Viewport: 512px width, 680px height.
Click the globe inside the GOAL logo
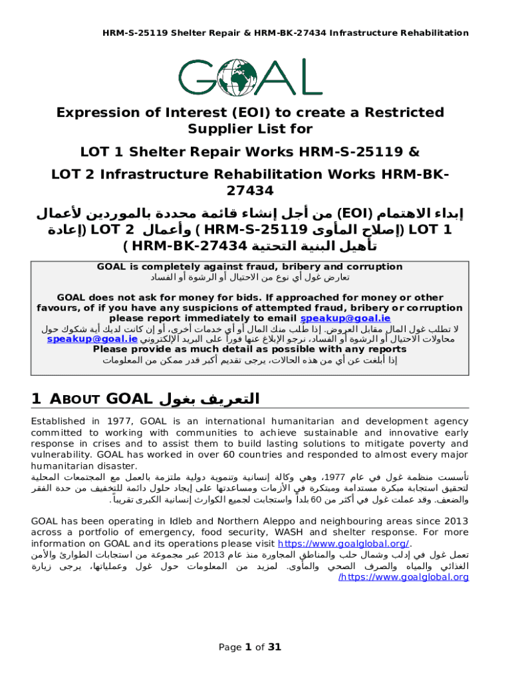coord(235,78)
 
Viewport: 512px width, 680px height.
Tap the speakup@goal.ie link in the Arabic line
coord(92,339)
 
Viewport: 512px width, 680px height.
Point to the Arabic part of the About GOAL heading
coord(207,398)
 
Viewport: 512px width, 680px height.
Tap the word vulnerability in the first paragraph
coord(63,455)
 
